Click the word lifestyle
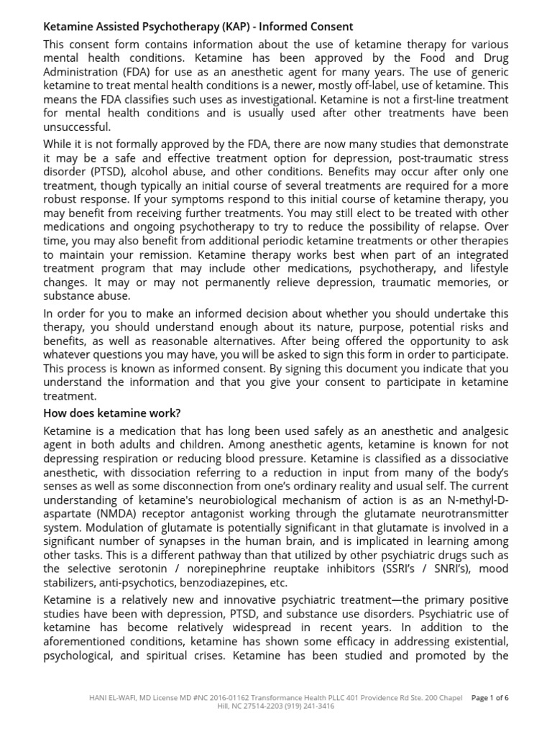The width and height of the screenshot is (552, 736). pos(483,268)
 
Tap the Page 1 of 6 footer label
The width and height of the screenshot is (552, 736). pos(489,697)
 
